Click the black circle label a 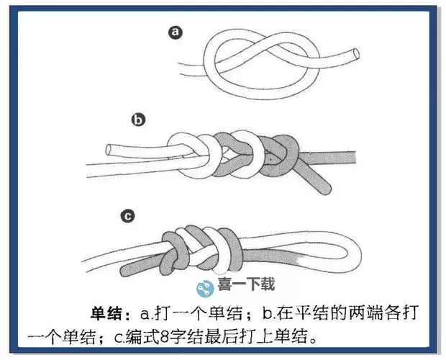173,32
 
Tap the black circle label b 138,120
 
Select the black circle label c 127,215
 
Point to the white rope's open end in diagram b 110,150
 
